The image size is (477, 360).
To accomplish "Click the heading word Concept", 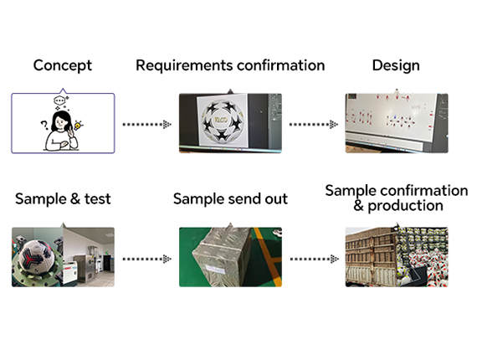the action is point(63,65).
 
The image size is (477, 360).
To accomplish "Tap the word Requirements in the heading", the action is point(184,66).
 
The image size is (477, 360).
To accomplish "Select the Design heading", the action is point(396,66).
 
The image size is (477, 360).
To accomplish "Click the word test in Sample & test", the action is point(98,198).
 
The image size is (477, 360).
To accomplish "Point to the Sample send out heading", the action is point(230,199).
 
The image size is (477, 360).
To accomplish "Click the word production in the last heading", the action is point(405,206).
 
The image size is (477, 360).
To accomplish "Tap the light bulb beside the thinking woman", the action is point(79,125).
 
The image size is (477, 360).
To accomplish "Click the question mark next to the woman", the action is point(44,125).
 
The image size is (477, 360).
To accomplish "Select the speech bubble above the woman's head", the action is point(59,100).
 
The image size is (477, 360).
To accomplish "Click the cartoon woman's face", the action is point(61,122).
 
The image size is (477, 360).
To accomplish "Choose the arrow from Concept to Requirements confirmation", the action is point(147,125).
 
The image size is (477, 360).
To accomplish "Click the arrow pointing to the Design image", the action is point(314,125).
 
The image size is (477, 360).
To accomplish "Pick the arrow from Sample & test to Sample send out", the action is point(147,259).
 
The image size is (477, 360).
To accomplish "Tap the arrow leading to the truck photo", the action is point(315,259).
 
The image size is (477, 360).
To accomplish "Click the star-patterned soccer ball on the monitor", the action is point(222,121).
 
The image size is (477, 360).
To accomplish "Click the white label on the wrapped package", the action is point(215,269).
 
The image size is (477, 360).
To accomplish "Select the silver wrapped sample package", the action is point(223,257).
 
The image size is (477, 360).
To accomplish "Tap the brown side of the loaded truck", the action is point(371,257).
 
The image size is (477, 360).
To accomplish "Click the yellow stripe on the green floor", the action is point(268,257).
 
